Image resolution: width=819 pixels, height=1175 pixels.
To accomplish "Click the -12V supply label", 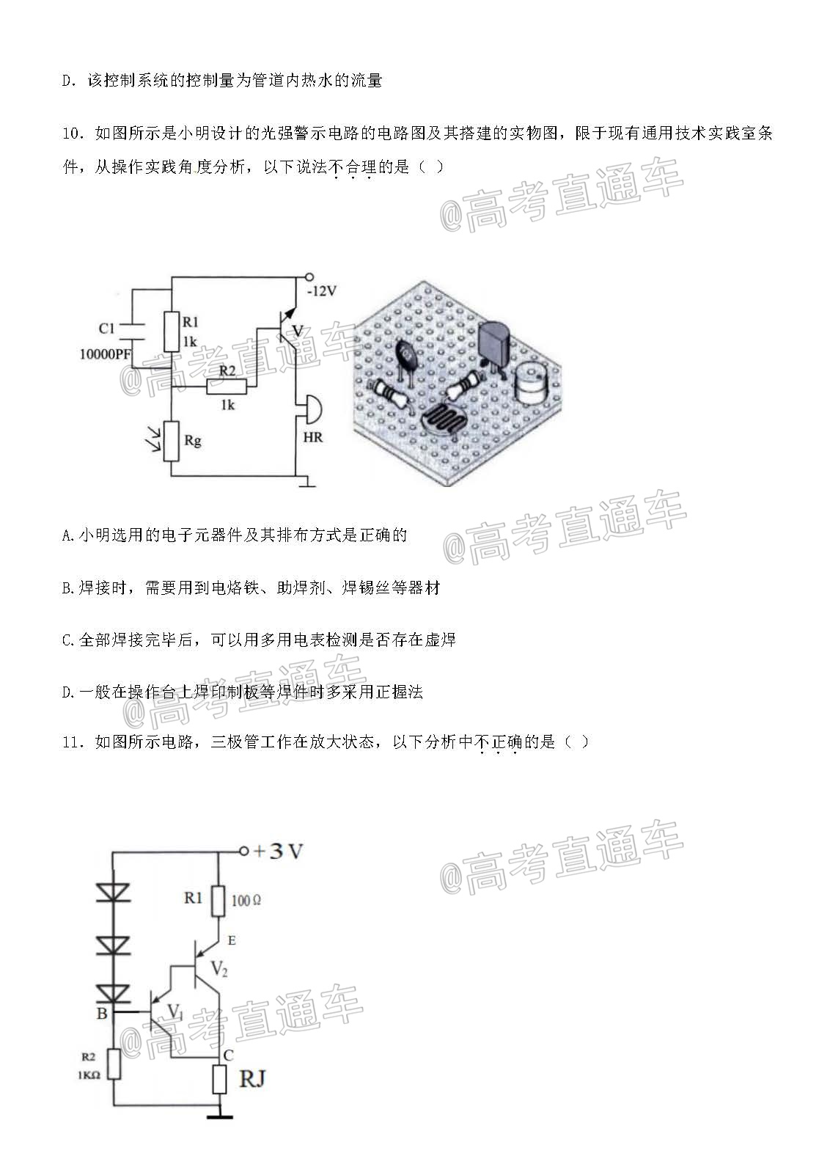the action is pos(321,290).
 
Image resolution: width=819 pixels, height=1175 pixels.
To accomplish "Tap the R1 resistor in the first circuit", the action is pos(172,332).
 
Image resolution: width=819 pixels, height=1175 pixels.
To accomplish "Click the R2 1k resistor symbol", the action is pos(227,387).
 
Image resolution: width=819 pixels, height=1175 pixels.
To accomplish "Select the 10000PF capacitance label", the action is pos(105,354).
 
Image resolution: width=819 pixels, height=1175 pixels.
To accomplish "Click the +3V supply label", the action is pos(278,851).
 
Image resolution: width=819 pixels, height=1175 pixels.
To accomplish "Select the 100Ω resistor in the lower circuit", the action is pos(218,901).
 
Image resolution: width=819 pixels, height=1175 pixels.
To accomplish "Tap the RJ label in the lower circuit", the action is pos(253,1078).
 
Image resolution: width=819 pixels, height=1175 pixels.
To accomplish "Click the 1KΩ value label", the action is pos(89,1075).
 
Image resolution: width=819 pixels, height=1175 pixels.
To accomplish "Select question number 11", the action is pos(73,742).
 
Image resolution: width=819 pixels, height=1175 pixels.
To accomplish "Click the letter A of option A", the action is pos(67,535).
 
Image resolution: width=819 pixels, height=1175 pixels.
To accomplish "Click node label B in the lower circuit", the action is pos(102,1014).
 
